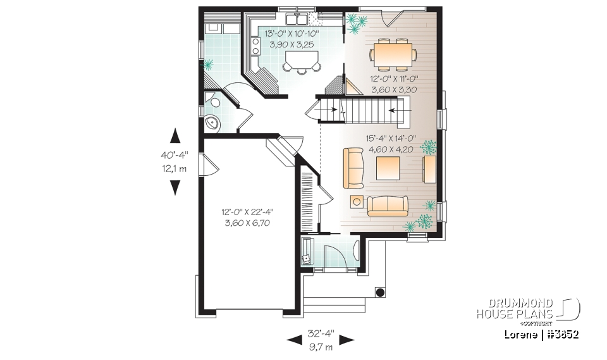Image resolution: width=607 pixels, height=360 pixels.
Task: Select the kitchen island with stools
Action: tap(301, 61)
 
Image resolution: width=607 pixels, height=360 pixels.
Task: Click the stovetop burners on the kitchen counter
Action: tap(256, 46)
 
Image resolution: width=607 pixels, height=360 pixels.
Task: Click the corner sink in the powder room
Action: tap(211, 124)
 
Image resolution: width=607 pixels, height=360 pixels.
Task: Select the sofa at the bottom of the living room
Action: tap(388, 205)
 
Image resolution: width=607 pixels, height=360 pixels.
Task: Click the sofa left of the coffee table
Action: tap(353, 168)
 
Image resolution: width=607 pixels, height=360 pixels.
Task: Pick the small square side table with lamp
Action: tap(357, 202)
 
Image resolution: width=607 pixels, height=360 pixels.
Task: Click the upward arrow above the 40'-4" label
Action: tap(175, 135)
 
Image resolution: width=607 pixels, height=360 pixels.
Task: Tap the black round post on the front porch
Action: tap(380, 292)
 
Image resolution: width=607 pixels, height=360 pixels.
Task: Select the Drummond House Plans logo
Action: tap(527, 309)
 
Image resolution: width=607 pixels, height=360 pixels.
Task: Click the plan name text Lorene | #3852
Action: tap(542, 333)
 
